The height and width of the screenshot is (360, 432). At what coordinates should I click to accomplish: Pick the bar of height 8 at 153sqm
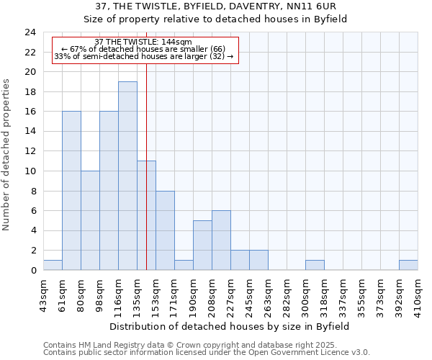click(x=165, y=230)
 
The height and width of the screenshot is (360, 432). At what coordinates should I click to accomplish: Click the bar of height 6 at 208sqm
click(x=221, y=240)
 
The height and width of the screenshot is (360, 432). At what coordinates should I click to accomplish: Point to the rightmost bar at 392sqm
click(x=408, y=265)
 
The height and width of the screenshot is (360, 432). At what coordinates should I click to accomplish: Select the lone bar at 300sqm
click(x=315, y=265)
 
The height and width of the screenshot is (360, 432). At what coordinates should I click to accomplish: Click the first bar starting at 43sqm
click(x=53, y=265)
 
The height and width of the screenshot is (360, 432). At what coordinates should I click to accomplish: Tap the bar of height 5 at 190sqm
click(x=202, y=246)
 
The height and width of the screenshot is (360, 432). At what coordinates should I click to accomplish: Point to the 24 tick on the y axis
click(x=30, y=32)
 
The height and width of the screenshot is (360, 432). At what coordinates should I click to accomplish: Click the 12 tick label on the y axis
click(x=30, y=151)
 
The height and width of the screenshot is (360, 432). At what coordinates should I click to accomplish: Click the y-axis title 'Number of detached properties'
click(x=7, y=155)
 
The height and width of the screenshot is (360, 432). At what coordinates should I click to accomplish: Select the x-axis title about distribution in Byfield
click(x=230, y=326)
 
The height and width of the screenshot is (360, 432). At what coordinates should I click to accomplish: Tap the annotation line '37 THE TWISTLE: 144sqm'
click(x=143, y=42)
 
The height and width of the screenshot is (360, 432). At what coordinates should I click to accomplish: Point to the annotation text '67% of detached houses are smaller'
click(x=143, y=49)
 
